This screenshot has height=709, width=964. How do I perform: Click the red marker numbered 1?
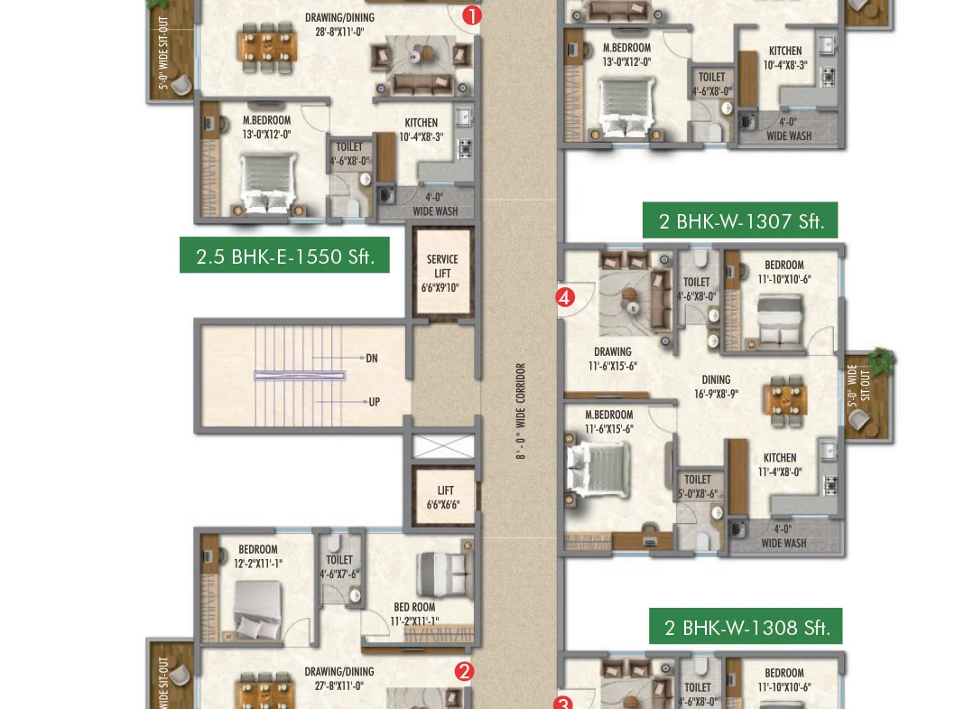471,15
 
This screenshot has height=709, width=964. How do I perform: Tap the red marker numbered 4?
565,298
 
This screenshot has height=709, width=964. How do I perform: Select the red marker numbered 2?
464,671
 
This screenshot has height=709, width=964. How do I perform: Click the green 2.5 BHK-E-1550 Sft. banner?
284,256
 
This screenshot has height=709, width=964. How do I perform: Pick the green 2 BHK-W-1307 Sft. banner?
740,220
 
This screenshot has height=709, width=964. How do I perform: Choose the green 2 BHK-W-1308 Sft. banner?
746,627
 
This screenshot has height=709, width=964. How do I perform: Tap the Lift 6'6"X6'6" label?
443,498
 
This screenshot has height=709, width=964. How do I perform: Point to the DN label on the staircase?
372,358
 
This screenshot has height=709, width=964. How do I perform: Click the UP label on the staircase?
375,402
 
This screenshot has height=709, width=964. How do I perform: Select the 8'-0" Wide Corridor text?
521,411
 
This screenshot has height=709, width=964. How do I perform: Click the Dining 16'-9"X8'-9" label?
717,387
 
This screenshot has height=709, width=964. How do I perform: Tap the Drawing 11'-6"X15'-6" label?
613,359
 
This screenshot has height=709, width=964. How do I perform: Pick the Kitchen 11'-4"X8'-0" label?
780,465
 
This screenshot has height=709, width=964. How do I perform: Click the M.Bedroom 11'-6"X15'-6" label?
608,422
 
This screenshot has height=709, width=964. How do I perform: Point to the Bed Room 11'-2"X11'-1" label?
415,613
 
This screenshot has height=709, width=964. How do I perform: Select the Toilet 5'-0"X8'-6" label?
698,487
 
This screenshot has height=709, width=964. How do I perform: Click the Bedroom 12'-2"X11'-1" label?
258,555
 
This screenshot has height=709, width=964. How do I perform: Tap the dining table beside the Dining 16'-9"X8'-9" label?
785,401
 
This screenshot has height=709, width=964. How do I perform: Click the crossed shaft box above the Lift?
443,446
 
